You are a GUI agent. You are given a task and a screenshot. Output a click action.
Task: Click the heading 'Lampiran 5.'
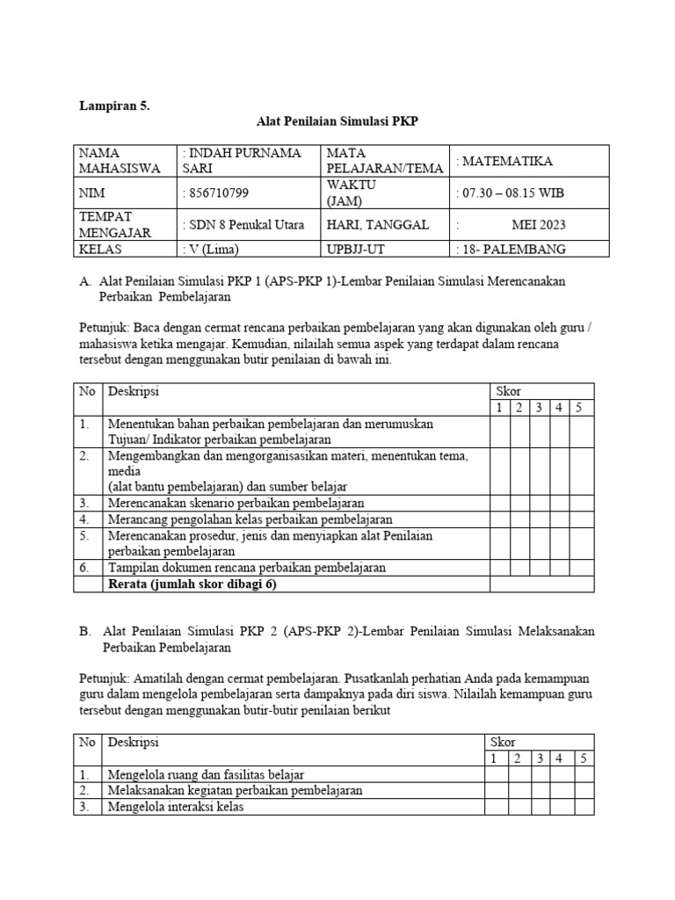(114, 106)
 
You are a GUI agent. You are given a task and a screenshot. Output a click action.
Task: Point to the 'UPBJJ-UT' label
(355, 249)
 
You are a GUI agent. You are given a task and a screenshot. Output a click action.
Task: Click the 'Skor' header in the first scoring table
(509, 391)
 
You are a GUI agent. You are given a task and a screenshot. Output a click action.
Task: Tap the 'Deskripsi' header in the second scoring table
(133, 742)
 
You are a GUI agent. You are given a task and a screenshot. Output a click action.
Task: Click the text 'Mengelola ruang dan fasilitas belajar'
(205, 774)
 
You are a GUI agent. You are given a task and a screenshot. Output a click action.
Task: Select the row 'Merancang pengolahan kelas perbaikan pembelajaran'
(250, 519)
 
